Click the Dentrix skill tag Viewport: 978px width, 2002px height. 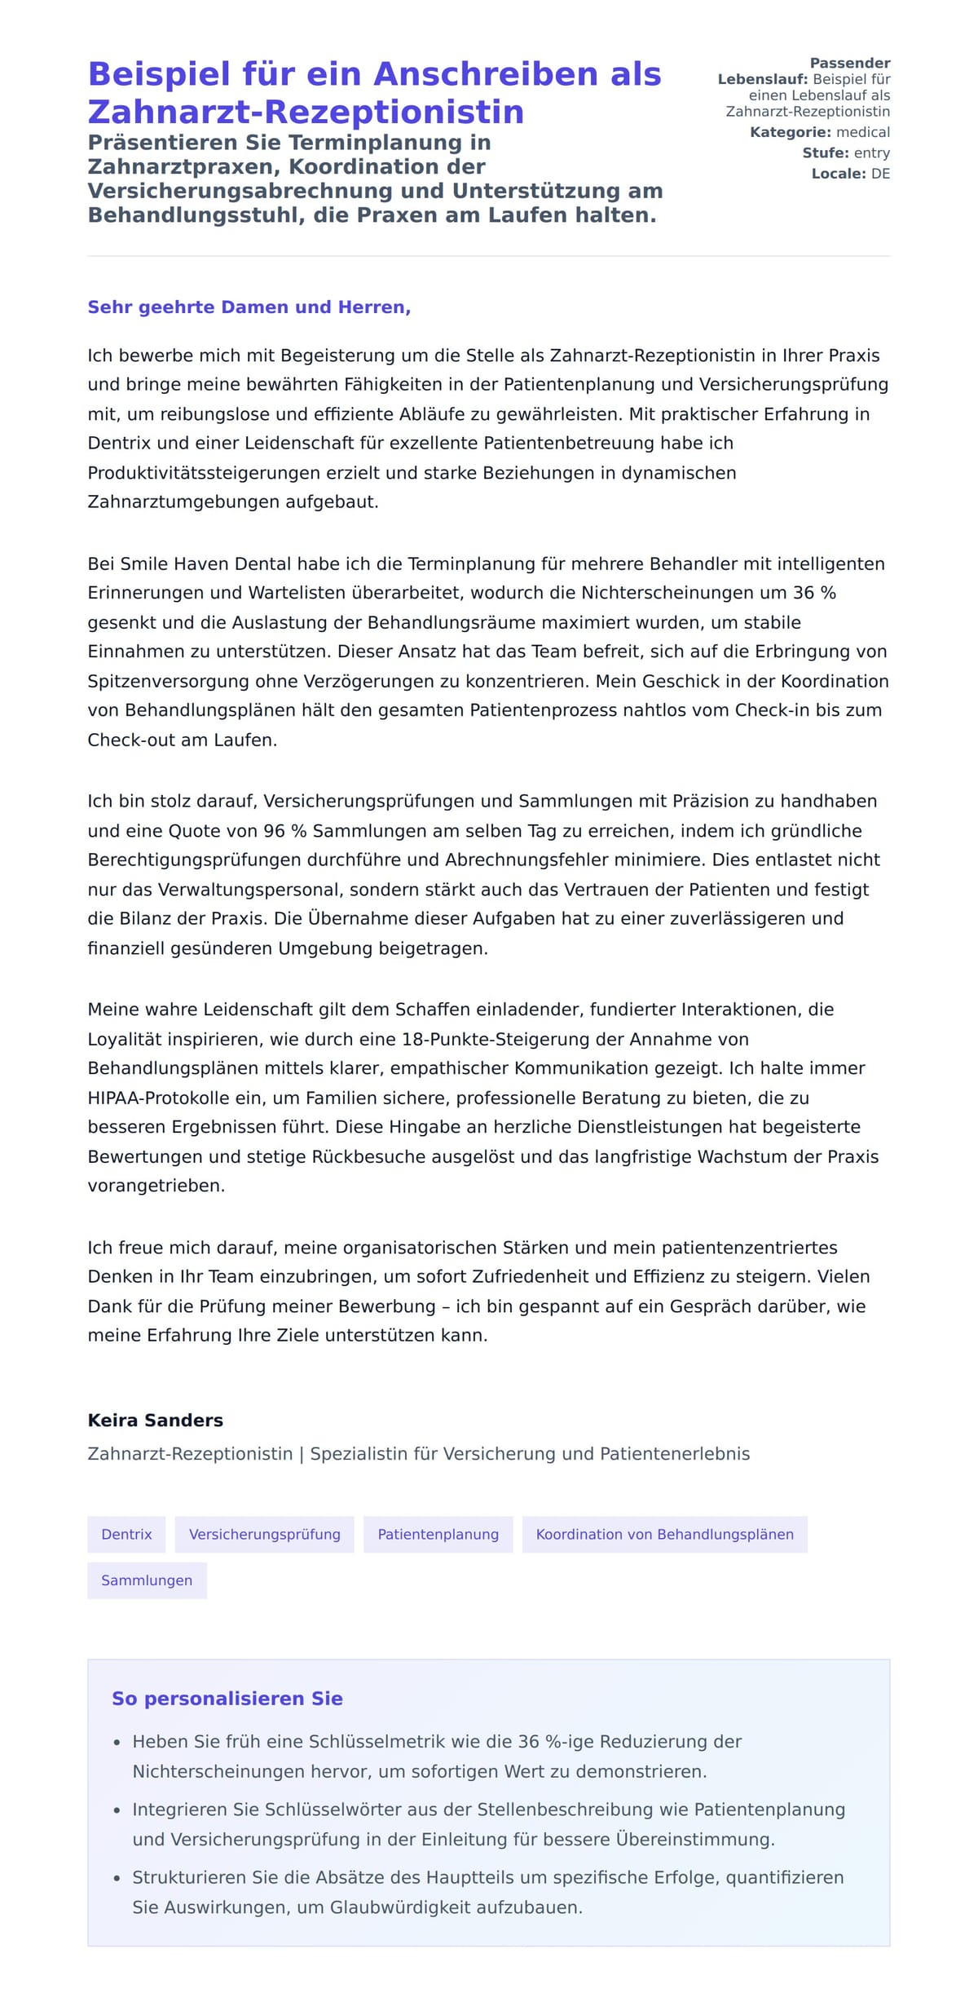[x=126, y=1534]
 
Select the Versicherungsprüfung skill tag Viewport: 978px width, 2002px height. [x=265, y=1534]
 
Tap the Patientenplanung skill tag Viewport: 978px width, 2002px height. [x=438, y=1534]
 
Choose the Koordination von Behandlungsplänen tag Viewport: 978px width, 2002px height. [x=664, y=1534]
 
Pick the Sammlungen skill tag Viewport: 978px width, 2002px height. [x=147, y=1580]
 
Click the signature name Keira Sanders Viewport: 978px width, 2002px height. [x=156, y=1420]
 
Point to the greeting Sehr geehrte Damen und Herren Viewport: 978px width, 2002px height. [x=249, y=307]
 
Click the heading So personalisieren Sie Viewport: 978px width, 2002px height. [x=227, y=1698]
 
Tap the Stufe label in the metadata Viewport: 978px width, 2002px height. [x=825, y=152]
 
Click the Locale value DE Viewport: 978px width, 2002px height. [x=880, y=174]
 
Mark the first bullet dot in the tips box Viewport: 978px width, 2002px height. [x=117, y=1743]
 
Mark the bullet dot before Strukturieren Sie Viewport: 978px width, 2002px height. [x=117, y=1878]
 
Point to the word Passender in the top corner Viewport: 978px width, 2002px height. [x=850, y=63]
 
